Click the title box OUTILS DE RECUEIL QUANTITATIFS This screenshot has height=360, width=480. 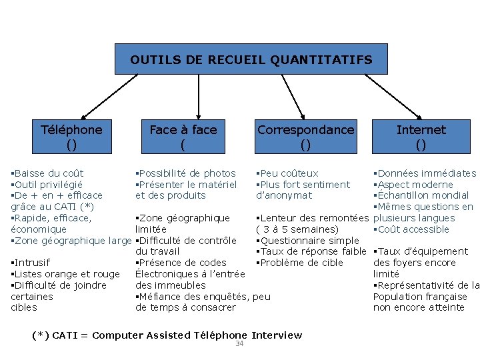coord(251,59)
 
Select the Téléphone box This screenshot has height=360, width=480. coord(72,136)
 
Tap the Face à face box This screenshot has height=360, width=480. coord(183,136)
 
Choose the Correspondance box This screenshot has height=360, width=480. coord(306,136)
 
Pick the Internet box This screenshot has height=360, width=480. coord(421,136)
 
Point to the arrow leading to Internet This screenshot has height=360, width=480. coord(393,97)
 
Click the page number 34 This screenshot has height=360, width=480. coord(239,344)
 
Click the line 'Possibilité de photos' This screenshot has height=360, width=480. coord(187,173)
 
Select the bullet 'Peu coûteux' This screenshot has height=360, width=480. coord(289,173)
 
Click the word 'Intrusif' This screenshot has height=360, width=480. coord(32,263)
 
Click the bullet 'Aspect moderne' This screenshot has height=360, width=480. coord(415,185)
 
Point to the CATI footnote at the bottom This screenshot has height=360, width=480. coord(167,335)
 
